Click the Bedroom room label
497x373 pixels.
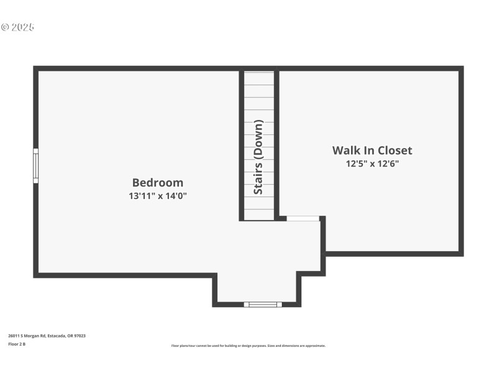pos(158,183)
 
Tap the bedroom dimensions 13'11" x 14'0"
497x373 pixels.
pos(158,196)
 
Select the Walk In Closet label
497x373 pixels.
pos(372,150)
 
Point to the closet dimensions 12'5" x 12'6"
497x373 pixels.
pos(372,164)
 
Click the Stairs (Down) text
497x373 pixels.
pos(258,156)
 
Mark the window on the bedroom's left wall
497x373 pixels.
pos(36,165)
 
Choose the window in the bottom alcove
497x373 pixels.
pos(262,304)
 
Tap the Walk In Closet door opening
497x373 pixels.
pos(303,218)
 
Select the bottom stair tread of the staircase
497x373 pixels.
pos(258,214)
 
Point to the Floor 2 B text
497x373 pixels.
pos(17,344)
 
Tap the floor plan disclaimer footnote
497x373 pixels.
pos(248,346)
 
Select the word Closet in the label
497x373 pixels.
pos(393,150)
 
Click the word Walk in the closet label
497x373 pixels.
pos(346,150)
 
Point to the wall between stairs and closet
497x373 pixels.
pos(276,143)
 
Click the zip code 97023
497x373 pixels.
pos(80,336)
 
